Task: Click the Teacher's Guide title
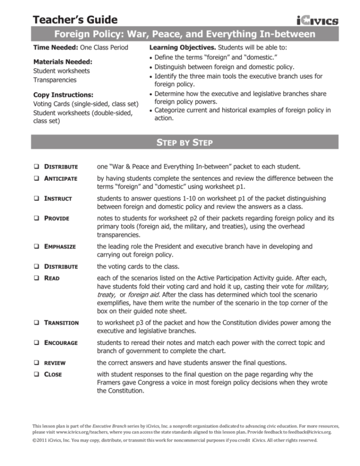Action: pyautogui.click(x=75, y=20)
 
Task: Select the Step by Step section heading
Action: pyautogui.click(x=179, y=143)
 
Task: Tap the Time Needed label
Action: pyautogui.click(x=54, y=48)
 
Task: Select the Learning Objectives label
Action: pyautogui.click(x=182, y=48)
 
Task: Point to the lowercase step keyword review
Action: pyautogui.click(x=55, y=363)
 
